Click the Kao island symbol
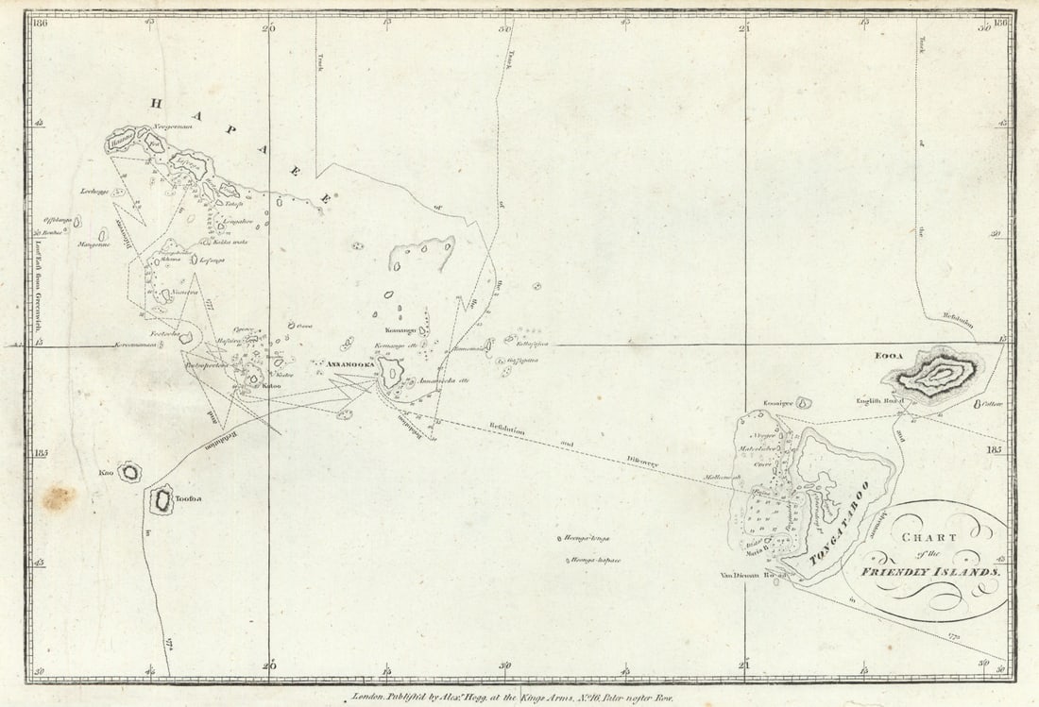(128, 471)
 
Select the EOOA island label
(889, 356)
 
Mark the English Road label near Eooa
(880, 400)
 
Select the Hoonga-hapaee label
(595, 560)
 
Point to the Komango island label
(400, 330)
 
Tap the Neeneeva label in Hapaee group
(185, 293)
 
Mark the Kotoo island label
(272, 385)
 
